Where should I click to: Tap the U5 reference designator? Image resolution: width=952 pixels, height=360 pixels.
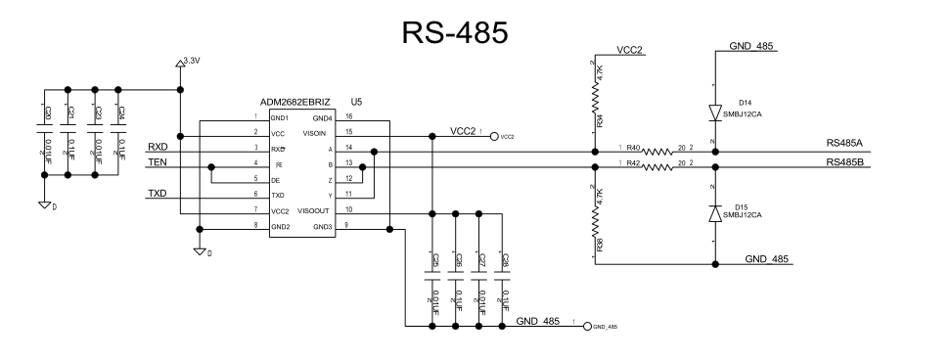pyautogui.click(x=356, y=102)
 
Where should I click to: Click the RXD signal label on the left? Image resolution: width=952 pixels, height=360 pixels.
pyautogui.click(x=158, y=147)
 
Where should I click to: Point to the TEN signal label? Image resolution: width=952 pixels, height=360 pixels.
pyautogui.click(x=157, y=163)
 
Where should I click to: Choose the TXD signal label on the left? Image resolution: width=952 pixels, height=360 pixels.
pyautogui.click(x=158, y=195)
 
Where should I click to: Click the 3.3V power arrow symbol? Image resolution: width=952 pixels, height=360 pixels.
pyautogui.click(x=180, y=65)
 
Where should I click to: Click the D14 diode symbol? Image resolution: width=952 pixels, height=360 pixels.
pyautogui.click(x=716, y=112)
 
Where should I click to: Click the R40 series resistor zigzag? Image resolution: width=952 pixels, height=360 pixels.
pyautogui.click(x=657, y=152)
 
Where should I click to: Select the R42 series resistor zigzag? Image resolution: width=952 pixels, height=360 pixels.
pyautogui.click(x=657, y=167)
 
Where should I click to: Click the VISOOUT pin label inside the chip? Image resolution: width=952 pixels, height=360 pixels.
pyautogui.click(x=312, y=210)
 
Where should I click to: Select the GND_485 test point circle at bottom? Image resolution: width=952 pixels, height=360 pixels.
pyautogui.click(x=586, y=326)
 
